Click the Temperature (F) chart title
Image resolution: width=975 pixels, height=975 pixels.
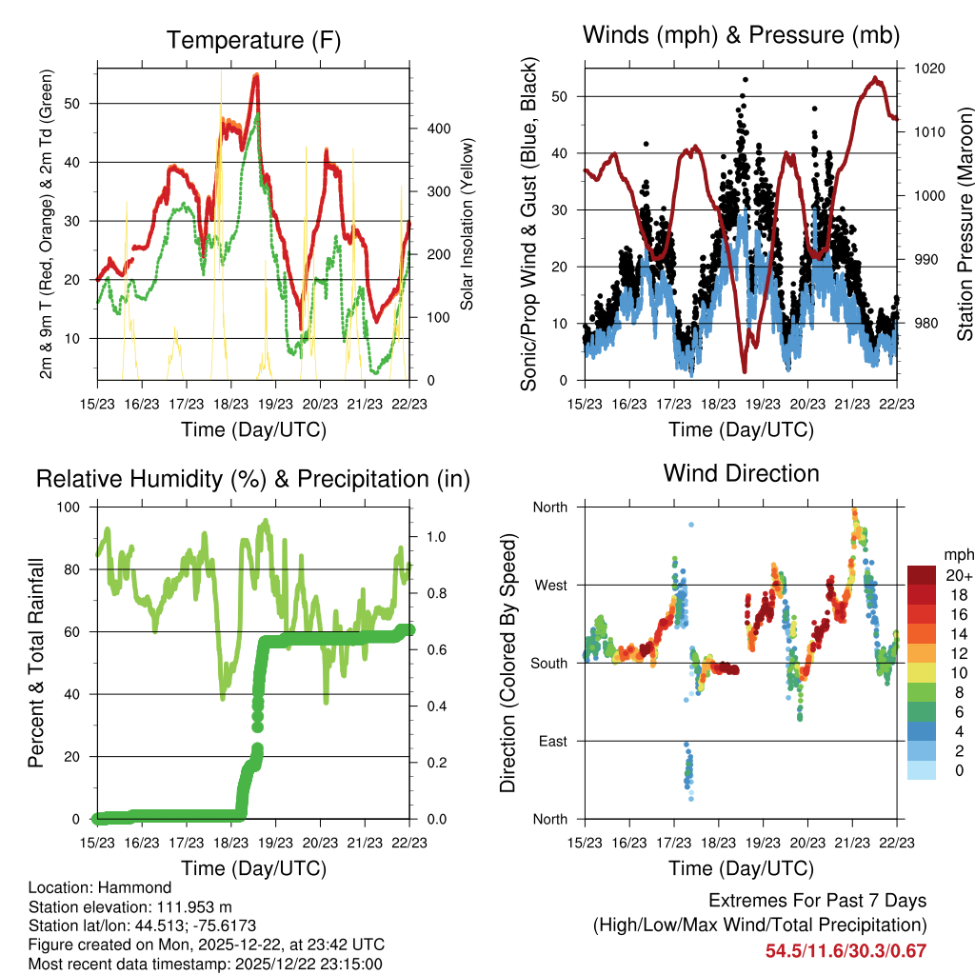point(253,40)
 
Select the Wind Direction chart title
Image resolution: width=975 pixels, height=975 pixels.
point(741,472)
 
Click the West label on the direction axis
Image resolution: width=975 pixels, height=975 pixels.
point(549,585)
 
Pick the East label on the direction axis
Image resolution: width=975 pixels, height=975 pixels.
point(551,741)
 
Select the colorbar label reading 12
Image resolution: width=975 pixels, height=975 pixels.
point(951,653)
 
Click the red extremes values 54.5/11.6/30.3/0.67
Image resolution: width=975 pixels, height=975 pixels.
point(846,951)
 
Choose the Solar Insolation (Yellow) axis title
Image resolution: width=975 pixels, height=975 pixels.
point(468,225)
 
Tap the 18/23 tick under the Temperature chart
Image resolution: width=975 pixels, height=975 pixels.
point(231,403)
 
